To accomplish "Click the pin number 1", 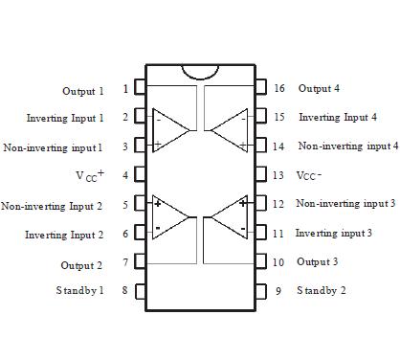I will click(125, 89).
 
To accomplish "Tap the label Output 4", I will click(319, 88).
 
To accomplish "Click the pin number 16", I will click(278, 88).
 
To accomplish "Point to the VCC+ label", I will click(89, 175).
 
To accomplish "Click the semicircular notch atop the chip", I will click(200, 72).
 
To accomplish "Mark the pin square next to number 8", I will click(140, 290).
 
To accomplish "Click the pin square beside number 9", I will click(261, 290).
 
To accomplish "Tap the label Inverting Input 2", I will click(64, 235).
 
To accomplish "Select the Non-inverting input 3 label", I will click(345, 204).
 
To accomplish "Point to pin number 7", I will click(125, 262).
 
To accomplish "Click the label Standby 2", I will click(322, 290).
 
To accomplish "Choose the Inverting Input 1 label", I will click(65, 118).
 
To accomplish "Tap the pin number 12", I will click(278, 204).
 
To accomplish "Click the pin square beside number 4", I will click(140, 175).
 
